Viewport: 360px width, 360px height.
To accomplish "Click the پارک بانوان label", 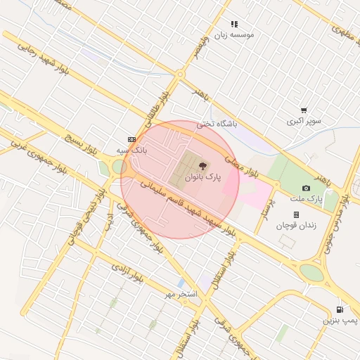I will pyautogui.click(x=202, y=179).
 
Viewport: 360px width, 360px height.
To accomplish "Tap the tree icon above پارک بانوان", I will pyautogui.click(x=203, y=167).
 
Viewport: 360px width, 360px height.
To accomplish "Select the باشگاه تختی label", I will pyautogui.click(x=217, y=124).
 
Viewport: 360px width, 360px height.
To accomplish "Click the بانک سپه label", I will pyautogui.click(x=131, y=150).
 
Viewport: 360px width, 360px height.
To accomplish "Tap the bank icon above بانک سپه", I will pyautogui.click(x=131, y=139).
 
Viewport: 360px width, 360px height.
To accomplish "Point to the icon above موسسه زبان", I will pyautogui.click(x=234, y=23).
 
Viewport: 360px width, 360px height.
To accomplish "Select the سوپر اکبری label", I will pyautogui.click(x=304, y=121).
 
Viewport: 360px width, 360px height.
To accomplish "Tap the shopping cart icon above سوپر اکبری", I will pyautogui.click(x=304, y=110).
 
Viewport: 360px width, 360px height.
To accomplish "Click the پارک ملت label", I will pyautogui.click(x=306, y=200).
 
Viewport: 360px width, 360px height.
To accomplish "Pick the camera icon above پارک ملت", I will pyautogui.click(x=306, y=188).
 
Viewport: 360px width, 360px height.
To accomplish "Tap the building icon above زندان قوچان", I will pyautogui.click(x=296, y=214).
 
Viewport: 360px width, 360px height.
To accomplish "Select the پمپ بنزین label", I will pyautogui.click(x=340, y=321).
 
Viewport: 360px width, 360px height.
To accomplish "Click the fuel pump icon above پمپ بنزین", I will pyautogui.click(x=340, y=309).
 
